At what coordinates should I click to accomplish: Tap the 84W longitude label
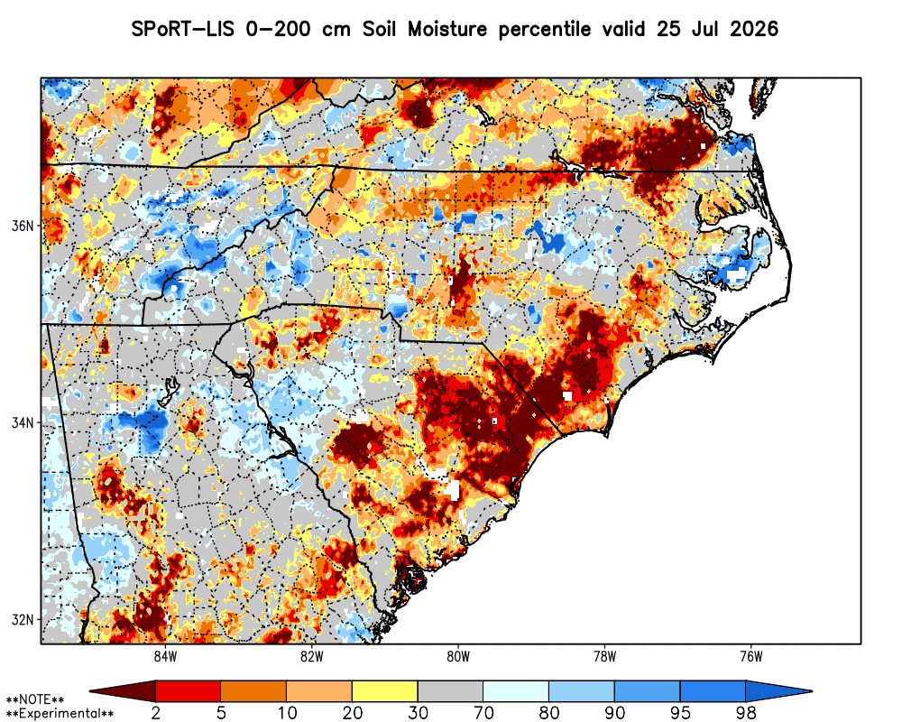166,657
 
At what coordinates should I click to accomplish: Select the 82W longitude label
312,657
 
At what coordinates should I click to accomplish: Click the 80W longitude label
458,657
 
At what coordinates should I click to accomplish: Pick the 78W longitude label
604,657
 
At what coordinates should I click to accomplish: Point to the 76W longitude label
751,657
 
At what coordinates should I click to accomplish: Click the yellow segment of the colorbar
385,691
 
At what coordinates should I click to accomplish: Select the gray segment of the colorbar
450,691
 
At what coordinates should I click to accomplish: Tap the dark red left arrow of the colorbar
123,691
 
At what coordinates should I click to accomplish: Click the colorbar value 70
483,713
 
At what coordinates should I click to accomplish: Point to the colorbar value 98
746,713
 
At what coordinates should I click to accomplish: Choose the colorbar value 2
156,713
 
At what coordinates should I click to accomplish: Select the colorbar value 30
419,713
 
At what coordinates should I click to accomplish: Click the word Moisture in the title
447,29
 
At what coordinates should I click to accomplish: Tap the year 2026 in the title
754,29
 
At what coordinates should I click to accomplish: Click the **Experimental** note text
60,714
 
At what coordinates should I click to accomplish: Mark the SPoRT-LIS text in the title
183,29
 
